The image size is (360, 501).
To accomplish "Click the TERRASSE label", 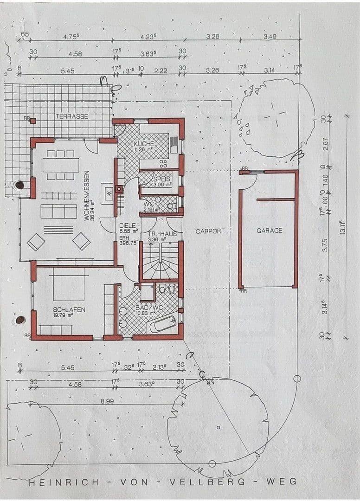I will pos(72,116).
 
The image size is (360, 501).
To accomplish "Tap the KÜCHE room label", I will pos(143,144).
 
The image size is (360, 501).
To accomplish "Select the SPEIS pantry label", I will pos(162,179).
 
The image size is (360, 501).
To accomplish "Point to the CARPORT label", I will pos(210,231).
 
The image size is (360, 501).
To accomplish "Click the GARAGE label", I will pos(269,231).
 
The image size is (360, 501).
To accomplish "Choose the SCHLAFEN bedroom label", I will pos(69,309).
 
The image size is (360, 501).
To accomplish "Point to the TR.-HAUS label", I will pos(162,234).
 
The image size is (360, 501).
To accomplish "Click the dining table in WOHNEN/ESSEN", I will pos(61,165).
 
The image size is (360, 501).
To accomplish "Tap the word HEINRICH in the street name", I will pos(64,482).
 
